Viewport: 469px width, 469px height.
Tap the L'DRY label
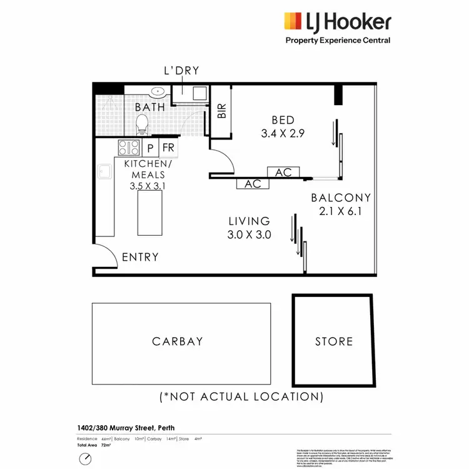pos(181,71)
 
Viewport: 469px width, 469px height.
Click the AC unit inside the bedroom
pos(283,172)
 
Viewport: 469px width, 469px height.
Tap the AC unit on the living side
pos(253,184)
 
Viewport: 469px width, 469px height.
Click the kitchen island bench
pos(149,213)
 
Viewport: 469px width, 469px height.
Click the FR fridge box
pos(168,148)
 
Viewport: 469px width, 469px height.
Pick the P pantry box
pos(150,148)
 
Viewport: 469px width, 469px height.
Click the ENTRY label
pos(140,257)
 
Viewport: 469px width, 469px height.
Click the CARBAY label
pos(178,341)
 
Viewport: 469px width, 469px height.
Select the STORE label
pos(334,341)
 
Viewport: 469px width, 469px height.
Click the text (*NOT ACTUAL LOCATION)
pos(241,396)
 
